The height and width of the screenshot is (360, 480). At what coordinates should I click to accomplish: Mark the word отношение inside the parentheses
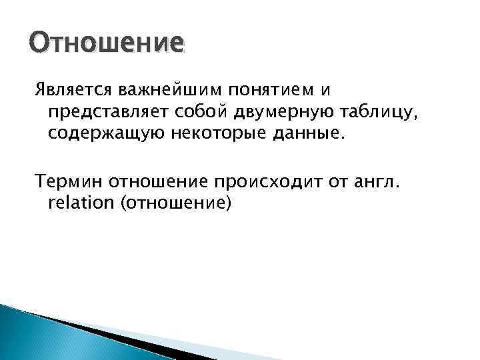click(173, 203)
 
